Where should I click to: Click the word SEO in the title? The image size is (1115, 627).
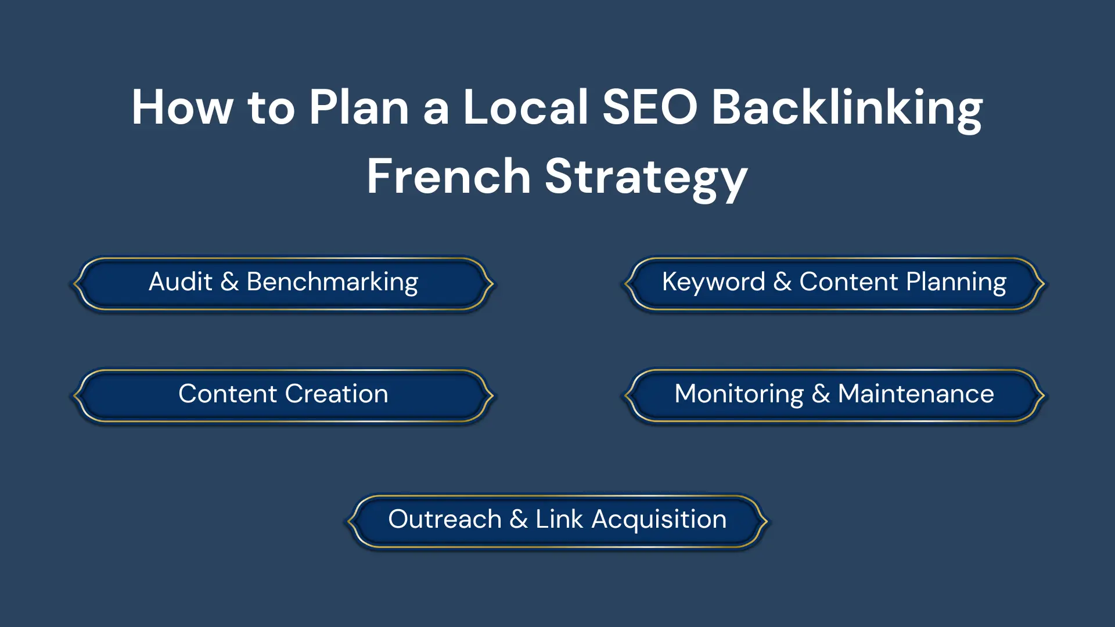tap(650, 107)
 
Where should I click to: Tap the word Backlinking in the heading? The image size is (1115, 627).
tap(847, 110)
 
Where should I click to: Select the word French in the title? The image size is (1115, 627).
tap(449, 176)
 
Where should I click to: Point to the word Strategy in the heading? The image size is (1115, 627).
tap(646, 179)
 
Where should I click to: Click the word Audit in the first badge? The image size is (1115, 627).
tap(181, 282)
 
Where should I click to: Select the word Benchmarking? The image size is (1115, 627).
tap(332, 283)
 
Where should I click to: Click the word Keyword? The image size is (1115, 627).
tap(713, 282)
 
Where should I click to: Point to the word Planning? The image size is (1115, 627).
tap(956, 283)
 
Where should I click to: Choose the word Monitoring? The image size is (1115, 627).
tap(739, 395)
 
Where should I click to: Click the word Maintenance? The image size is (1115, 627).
tap(916, 394)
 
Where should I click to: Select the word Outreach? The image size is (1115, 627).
tap(444, 519)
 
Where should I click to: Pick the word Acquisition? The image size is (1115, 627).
tap(659, 520)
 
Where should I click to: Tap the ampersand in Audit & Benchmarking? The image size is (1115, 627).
tap(229, 282)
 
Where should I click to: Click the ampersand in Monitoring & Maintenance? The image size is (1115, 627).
tap(821, 394)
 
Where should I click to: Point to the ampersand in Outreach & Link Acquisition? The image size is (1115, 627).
tap(519, 519)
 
